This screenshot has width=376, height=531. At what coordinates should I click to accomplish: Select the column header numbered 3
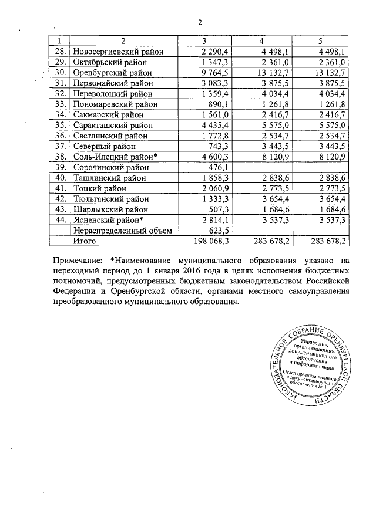pyautogui.click(x=203, y=40)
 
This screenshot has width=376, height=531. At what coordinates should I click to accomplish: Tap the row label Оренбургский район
pyautogui.click(x=112, y=72)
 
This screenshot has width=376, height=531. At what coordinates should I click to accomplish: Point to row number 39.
pyautogui.click(x=59, y=167)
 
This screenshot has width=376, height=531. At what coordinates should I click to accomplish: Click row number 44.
pyautogui.click(x=59, y=220)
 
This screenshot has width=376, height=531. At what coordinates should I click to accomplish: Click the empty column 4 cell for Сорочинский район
pyautogui.click(x=263, y=167)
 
